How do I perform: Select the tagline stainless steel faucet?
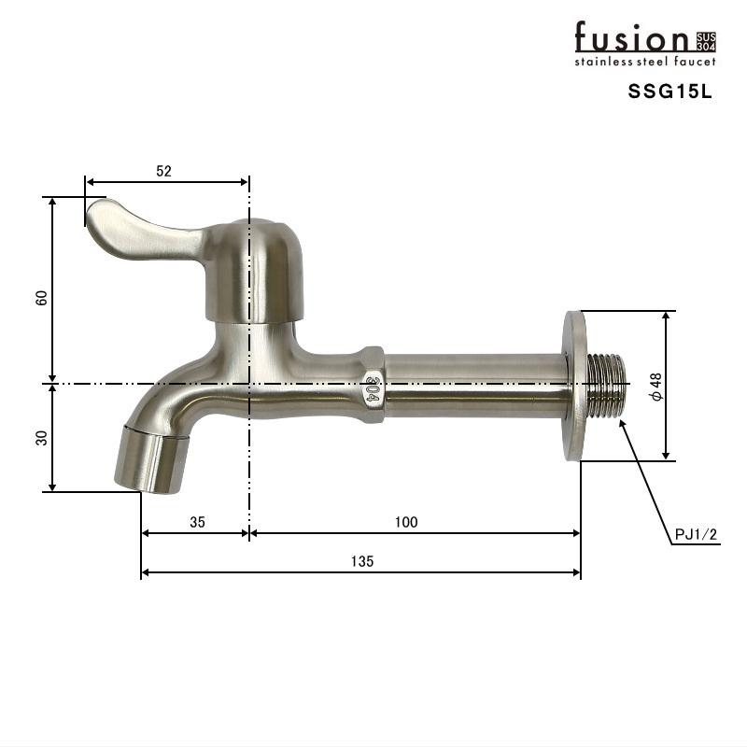(x=644, y=62)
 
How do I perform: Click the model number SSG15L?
(x=669, y=92)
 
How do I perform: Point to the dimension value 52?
(x=164, y=171)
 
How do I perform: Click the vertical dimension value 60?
(x=41, y=298)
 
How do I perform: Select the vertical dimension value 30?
(x=41, y=437)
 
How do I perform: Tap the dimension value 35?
(x=197, y=522)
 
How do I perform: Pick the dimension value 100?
(x=406, y=522)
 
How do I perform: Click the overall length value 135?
(x=362, y=561)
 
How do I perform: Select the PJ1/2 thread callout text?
(x=696, y=535)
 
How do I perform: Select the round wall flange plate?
(x=575, y=385)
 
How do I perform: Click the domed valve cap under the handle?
(x=253, y=266)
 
